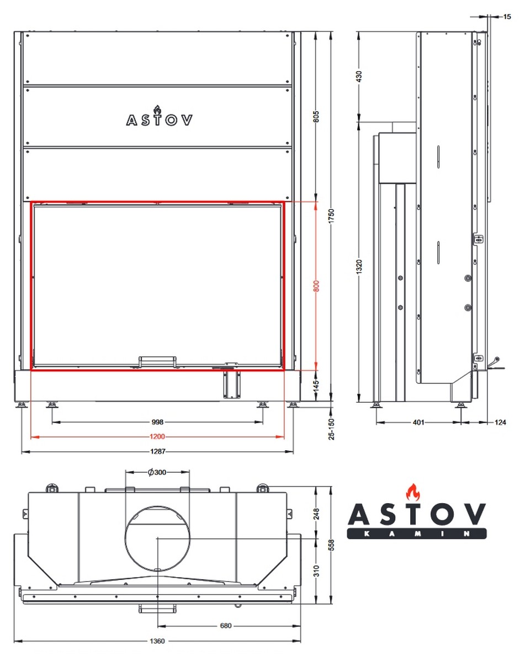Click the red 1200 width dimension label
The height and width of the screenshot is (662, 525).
(157, 436)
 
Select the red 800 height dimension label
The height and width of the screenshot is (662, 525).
(316, 286)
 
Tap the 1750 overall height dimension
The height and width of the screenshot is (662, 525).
(331, 216)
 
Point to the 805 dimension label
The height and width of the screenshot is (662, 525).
(316, 116)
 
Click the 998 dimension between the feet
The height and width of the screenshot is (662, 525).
(157, 422)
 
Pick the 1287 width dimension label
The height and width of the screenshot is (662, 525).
(158, 451)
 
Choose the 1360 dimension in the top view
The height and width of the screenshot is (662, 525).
(157, 641)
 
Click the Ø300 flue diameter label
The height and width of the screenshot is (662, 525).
(157, 472)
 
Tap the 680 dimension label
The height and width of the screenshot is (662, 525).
(226, 626)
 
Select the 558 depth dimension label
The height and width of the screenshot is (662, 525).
(331, 545)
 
